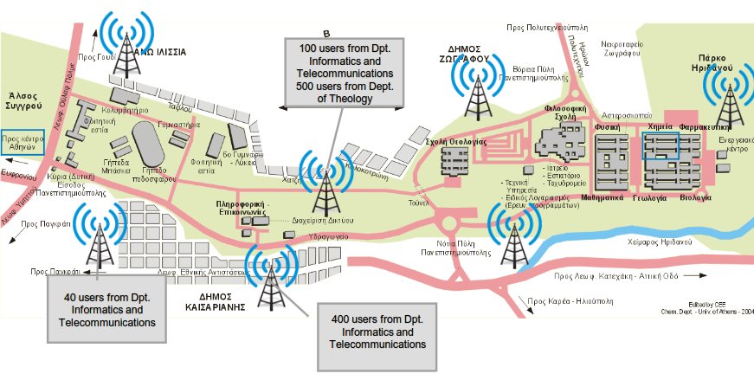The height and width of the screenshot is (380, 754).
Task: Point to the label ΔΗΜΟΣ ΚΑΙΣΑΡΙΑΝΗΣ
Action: click(218, 300)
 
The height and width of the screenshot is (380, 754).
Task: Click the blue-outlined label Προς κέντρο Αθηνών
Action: click(23, 142)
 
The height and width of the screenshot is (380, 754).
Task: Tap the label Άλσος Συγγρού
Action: click(23, 100)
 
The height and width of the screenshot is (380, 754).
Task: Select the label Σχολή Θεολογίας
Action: click(456, 140)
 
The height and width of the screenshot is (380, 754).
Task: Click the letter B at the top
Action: click(326, 33)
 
